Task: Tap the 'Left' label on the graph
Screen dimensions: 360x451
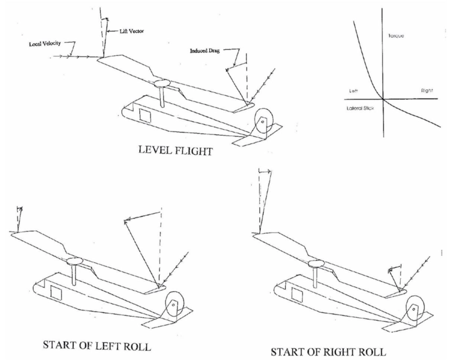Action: tap(353, 90)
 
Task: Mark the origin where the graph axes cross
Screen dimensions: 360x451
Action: tap(383, 99)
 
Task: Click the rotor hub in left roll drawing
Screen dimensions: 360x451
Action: tap(73, 261)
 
